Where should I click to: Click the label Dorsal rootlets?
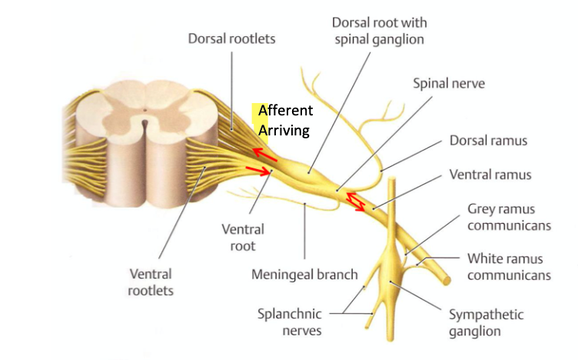click(231, 38)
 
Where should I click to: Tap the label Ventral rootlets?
click(151, 282)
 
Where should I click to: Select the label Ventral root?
click(243, 237)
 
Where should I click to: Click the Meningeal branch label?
click(304, 274)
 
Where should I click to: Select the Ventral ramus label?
click(490, 175)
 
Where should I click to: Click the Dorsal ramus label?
click(489, 142)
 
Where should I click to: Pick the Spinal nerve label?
click(449, 82)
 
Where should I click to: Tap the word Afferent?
click(285, 111)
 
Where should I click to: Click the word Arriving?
click(284, 130)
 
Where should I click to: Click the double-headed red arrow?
click(354, 201)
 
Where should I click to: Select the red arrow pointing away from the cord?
click(259, 171)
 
